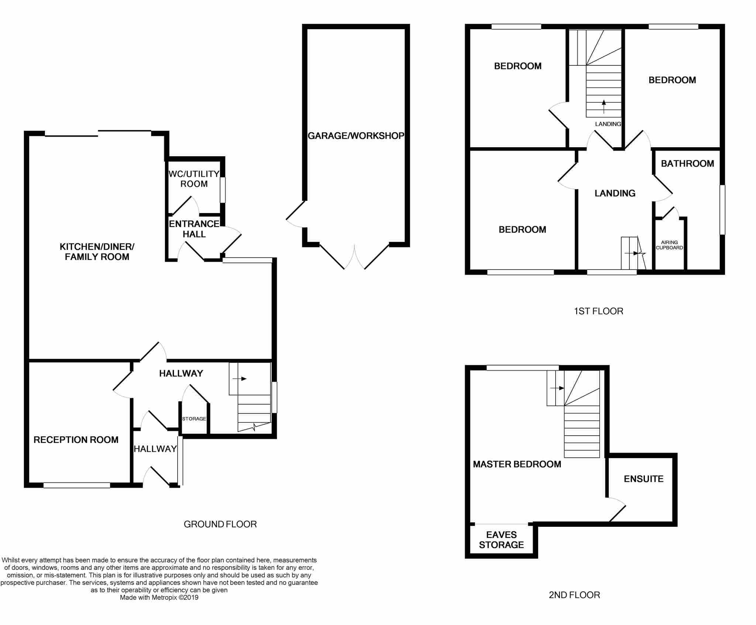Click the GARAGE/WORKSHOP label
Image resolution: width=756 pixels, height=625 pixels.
[356, 136]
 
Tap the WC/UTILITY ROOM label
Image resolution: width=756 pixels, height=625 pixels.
[194, 179]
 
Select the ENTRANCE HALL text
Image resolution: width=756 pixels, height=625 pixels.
[194, 229]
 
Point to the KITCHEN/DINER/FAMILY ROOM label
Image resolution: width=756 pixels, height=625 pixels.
[97, 252]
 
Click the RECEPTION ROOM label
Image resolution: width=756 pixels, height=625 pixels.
[76, 440]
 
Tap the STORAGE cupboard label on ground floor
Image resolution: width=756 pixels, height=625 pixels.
[194, 419]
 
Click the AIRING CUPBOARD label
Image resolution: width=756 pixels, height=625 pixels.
[669, 245]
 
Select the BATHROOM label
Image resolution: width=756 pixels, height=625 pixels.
[687, 164]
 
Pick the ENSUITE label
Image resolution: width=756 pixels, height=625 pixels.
[644, 479]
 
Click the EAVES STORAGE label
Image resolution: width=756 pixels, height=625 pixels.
[501, 540]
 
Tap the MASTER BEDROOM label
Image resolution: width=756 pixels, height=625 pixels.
[517, 464]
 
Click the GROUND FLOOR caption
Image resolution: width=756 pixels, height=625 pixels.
[220, 524]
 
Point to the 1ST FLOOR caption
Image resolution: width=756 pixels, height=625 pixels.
[598, 311]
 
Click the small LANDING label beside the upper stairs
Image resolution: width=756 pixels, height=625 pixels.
[608, 124]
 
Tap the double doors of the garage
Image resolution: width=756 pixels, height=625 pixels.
[354, 256]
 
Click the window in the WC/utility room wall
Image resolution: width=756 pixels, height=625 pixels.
[223, 190]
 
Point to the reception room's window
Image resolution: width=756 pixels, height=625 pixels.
[77, 485]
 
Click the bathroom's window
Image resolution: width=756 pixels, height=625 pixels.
[722, 210]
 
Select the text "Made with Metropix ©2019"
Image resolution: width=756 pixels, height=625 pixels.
[159, 597]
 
